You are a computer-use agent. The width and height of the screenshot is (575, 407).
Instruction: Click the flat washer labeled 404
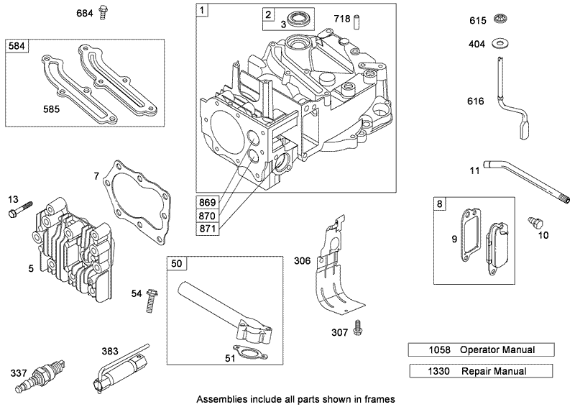click(x=498, y=45)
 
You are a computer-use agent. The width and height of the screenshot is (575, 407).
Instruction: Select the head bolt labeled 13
click(x=21, y=212)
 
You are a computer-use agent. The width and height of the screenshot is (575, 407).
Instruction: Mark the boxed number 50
click(x=176, y=264)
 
